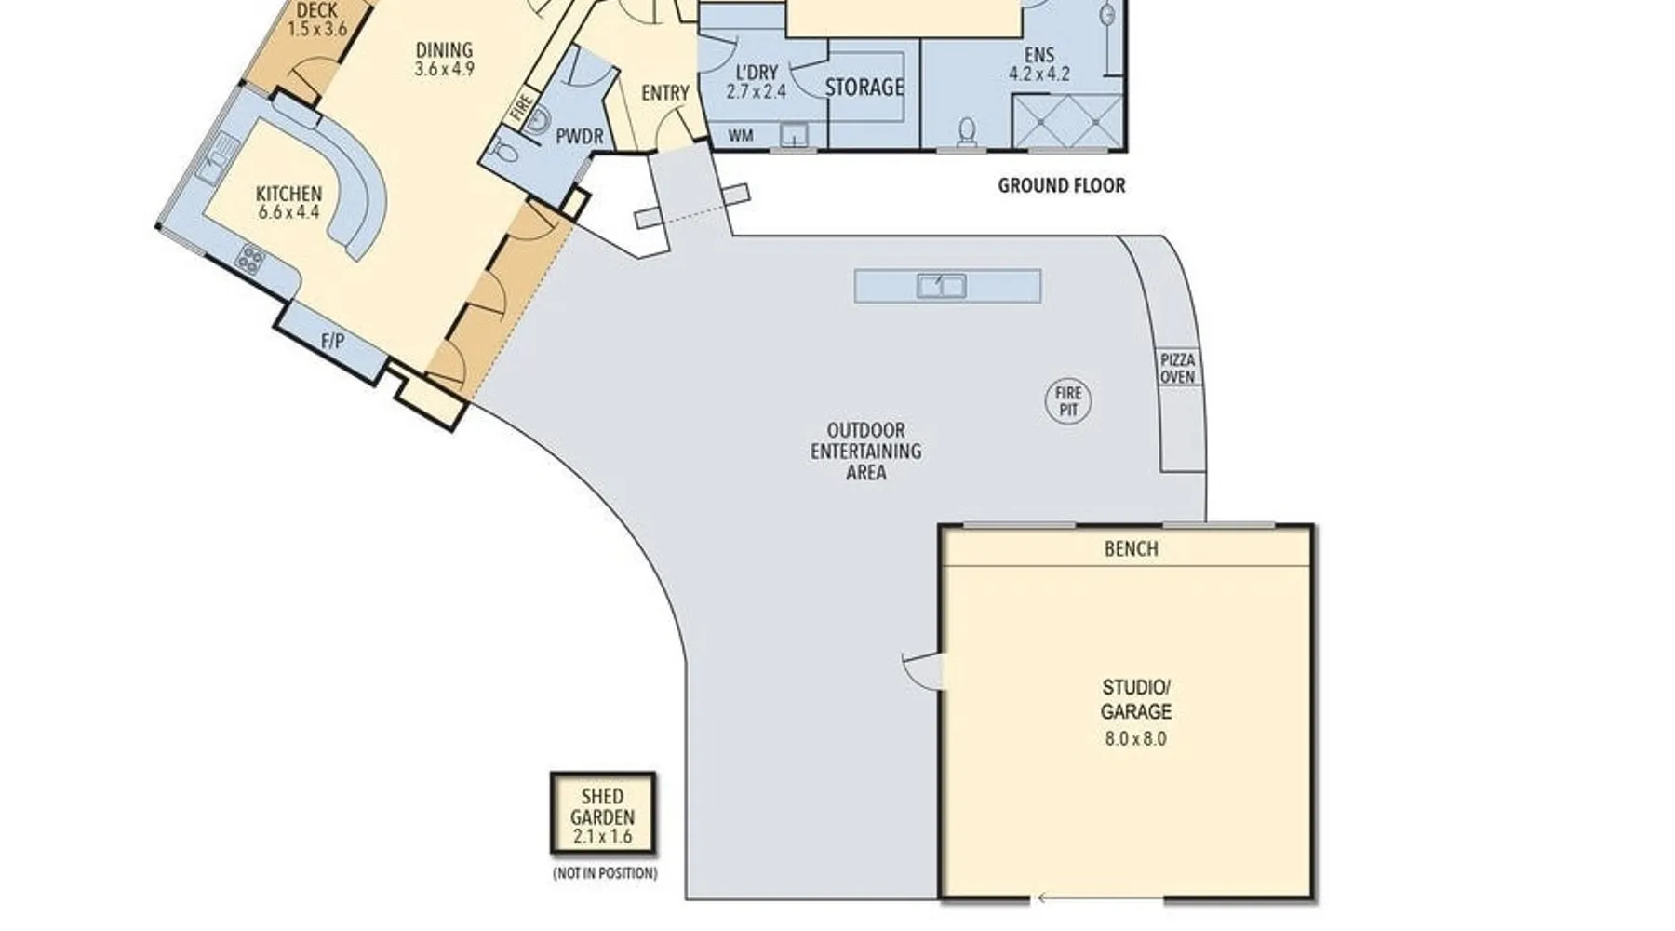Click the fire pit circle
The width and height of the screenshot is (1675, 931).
pos(1068,401)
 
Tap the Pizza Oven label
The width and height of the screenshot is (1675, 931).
pos(1177,369)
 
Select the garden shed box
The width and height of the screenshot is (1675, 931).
pos(603,814)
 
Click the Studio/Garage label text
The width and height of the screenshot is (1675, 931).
pos(1136,699)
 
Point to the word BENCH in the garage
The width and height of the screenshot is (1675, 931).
pos(1132,549)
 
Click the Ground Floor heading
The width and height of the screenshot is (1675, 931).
pos(1062,185)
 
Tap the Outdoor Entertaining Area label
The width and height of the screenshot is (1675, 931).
pos(865,452)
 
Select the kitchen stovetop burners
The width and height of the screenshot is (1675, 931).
pos(249,259)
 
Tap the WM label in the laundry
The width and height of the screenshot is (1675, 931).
pos(741,136)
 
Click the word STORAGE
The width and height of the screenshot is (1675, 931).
pos(864,88)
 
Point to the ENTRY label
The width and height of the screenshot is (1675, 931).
pos(665,93)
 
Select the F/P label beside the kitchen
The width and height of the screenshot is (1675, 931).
pos(332,342)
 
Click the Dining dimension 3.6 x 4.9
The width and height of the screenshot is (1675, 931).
pos(445,68)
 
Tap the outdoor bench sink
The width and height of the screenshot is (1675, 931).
pos(942,286)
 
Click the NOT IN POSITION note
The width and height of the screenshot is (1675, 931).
pos(605,873)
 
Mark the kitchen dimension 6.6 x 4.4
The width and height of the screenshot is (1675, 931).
pos(289,212)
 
